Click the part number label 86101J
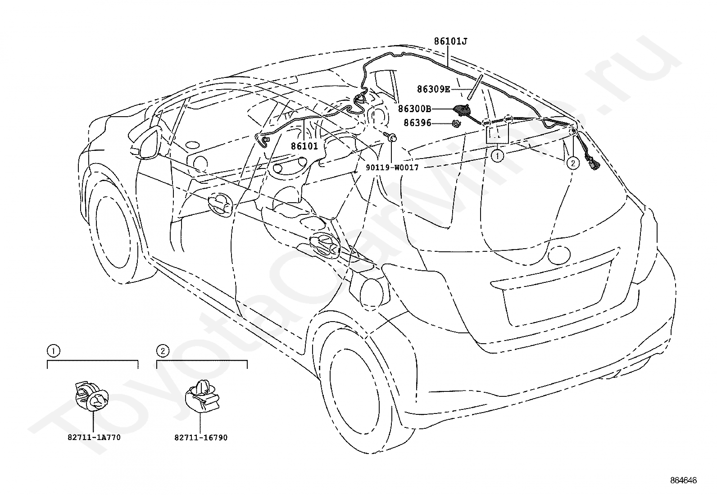450,41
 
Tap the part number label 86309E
433,89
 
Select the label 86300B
414,109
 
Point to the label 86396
417,123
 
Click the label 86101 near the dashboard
304,146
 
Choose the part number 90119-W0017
392,167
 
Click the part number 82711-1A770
94,437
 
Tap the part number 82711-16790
201,437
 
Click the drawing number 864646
683,480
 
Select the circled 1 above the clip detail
53,351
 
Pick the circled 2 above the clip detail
163,351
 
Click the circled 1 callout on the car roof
497,156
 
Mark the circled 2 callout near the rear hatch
573,163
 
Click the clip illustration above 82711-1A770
91,396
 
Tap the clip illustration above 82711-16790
202,396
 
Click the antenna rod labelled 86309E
474,87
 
